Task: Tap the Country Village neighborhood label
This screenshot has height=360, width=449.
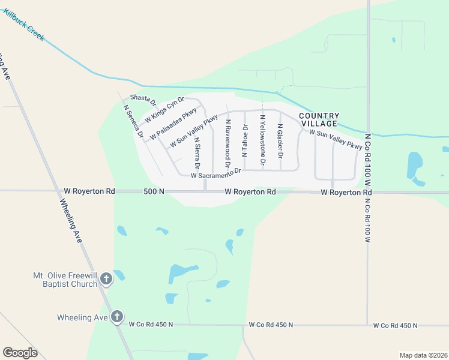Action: click(x=319, y=119)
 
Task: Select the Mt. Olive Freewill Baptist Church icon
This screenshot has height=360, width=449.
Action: click(x=106, y=279)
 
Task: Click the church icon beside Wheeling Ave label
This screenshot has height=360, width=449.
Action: click(x=116, y=316)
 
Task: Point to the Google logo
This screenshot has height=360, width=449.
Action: click(x=20, y=352)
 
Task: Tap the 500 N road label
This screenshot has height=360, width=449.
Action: click(x=154, y=191)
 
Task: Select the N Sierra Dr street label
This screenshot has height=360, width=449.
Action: click(x=197, y=152)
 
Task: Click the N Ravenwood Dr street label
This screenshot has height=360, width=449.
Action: click(x=228, y=142)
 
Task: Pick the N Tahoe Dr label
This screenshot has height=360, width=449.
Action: click(x=245, y=140)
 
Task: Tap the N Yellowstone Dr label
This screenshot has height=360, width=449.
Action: click(x=262, y=140)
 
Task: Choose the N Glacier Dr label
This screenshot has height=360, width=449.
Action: click(x=280, y=141)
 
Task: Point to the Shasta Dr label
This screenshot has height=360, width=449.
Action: click(x=143, y=100)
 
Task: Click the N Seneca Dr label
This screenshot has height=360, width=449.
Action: click(x=133, y=122)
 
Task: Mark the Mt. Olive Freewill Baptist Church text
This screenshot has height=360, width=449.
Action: click(x=64, y=280)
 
